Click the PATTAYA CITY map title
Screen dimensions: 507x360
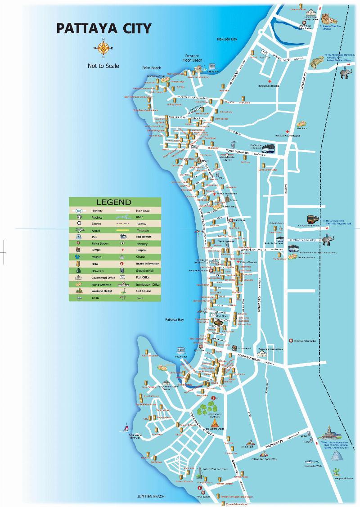(103, 29)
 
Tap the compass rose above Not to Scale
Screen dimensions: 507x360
(103, 48)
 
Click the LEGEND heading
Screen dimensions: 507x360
(114, 202)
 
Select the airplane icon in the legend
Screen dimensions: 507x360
(79, 230)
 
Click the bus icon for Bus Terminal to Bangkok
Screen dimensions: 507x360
(268, 148)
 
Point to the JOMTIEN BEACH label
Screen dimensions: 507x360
(151, 496)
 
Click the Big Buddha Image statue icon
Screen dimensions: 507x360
(216, 423)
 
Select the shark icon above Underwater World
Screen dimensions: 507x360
(311, 461)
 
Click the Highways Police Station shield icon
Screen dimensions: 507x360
(291, 341)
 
